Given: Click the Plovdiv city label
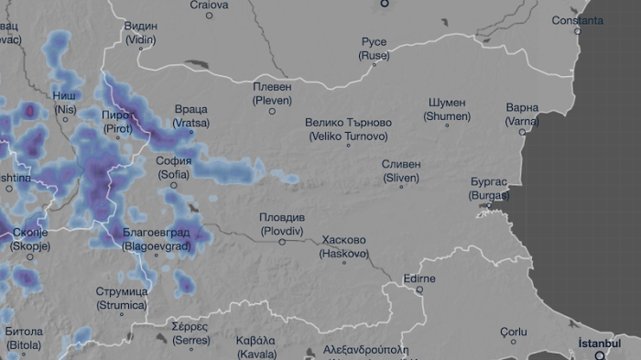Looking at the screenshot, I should (x=282, y=224).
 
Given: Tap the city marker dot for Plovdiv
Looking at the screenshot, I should (x=282, y=242).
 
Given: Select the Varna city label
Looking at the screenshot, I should (x=522, y=114).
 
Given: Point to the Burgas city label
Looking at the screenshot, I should (x=488, y=189).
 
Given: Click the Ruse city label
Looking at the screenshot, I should (x=374, y=49).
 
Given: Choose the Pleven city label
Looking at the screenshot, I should (x=272, y=93).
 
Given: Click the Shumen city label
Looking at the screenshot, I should (x=447, y=109).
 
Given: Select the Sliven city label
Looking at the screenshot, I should (x=401, y=170).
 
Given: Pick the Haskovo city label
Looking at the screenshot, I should (x=344, y=246).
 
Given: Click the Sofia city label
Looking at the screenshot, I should (x=174, y=167).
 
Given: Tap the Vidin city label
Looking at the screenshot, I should (x=140, y=33).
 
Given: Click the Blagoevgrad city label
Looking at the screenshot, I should (x=157, y=239).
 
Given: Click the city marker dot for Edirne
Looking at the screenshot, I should (x=420, y=289).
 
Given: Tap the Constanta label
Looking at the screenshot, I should (x=577, y=20).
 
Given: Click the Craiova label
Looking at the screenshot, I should (x=209, y=5).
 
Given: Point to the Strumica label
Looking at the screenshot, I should (x=121, y=298).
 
